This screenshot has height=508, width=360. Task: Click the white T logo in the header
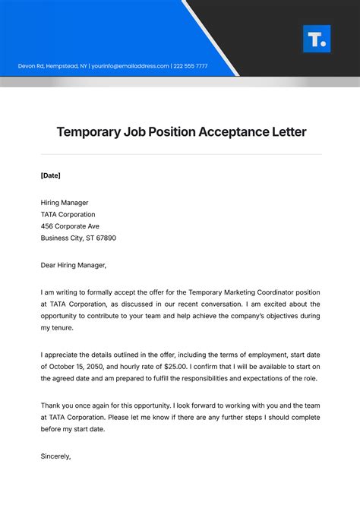point(316,39)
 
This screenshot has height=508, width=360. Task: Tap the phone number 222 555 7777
point(191,66)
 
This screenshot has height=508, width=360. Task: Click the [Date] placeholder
point(50,175)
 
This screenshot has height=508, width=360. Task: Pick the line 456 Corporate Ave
point(70,226)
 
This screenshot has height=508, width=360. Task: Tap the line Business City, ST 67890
point(78,238)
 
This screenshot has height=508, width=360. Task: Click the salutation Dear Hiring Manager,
point(74,265)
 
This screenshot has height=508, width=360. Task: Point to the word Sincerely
point(55,456)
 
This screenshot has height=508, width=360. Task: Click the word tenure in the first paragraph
point(66,327)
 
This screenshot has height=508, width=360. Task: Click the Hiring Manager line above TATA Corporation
point(65,203)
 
